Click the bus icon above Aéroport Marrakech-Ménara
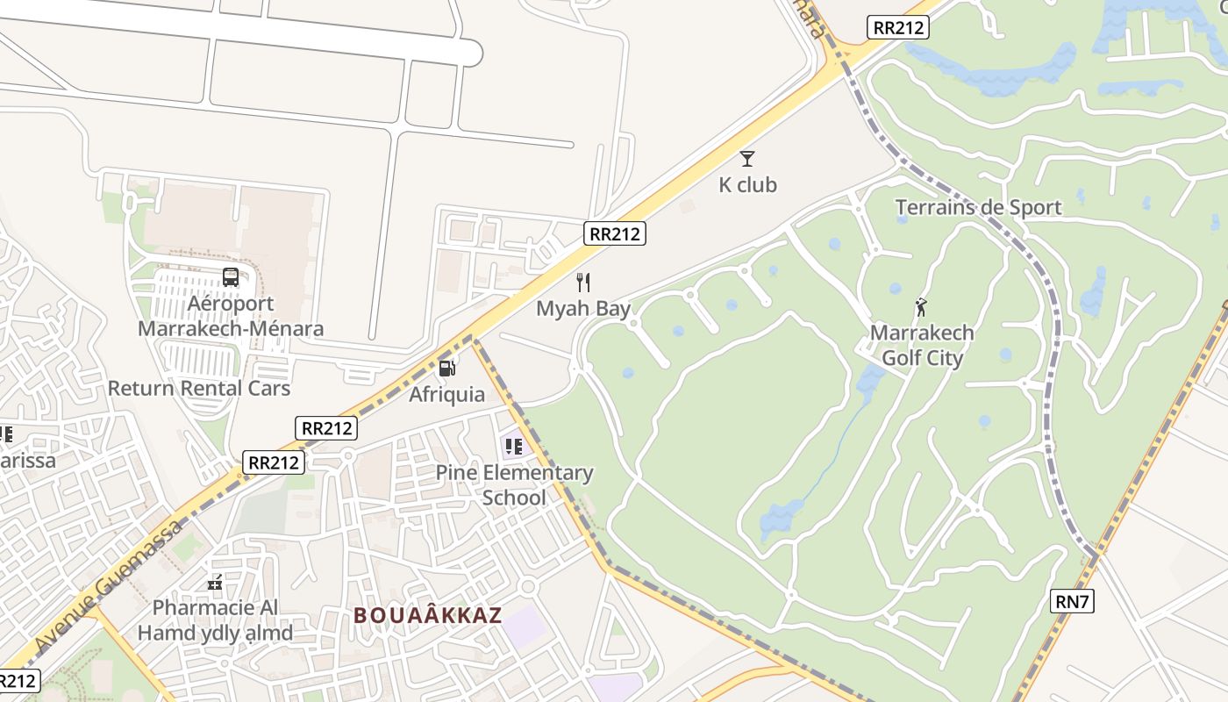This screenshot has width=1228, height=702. tap(231, 277)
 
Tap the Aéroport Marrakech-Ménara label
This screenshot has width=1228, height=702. tap(231, 317)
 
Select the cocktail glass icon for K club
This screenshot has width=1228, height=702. tap(747, 159)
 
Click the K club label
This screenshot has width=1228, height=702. tap(747, 185)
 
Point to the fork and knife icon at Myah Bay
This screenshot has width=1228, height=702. tap(582, 283)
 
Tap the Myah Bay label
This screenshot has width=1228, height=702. tap(583, 309)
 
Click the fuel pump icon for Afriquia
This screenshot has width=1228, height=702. tap(446, 368)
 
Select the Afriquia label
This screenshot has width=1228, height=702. tap(446, 394)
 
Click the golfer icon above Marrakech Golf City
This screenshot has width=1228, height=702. tap(921, 307)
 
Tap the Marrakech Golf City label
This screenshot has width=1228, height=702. tap(922, 346)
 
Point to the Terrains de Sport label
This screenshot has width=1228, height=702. tap(978, 208)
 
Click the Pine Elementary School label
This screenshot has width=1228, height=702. tap(514, 485)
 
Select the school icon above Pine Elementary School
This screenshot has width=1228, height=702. tap(514, 447)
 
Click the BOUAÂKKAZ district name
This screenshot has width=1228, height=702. tap(428, 615)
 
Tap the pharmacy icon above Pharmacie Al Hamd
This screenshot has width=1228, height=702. tap(215, 582)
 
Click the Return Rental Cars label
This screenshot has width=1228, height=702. tap(199, 388)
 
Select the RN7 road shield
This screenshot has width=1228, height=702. tap(1072, 601)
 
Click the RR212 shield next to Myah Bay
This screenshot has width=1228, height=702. tap(615, 233)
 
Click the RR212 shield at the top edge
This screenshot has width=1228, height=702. tap(898, 27)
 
